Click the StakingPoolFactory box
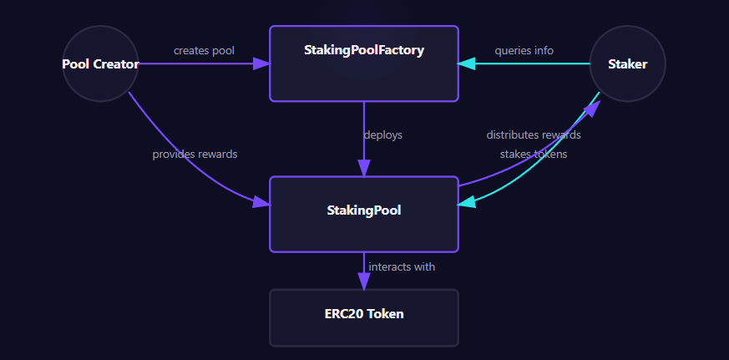(x=363, y=63)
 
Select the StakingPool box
(x=363, y=214)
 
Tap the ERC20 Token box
(x=363, y=317)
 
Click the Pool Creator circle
(x=100, y=63)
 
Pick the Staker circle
(x=627, y=63)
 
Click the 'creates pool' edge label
(x=204, y=50)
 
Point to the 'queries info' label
(x=524, y=50)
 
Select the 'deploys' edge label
(x=382, y=134)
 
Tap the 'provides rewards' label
(x=195, y=154)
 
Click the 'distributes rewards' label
(x=534, y=134)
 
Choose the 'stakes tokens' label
(x=534, y=154)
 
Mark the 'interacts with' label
(x=402, y=266)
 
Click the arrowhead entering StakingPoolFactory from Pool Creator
(x=261, y=63)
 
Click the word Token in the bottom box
(x=386, y=314)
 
